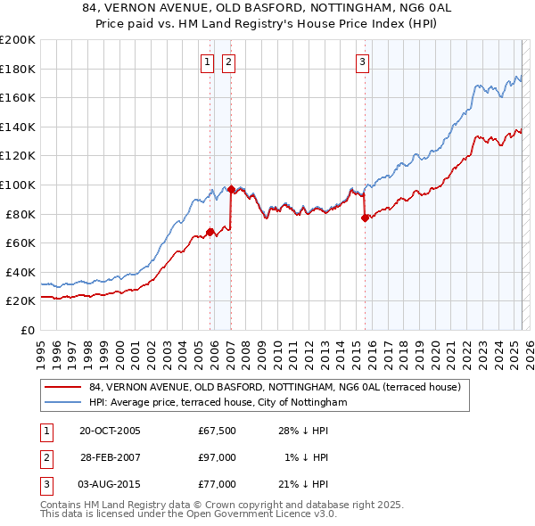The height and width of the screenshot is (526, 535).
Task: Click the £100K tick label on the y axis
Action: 17,185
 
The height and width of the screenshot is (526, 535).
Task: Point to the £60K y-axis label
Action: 20,242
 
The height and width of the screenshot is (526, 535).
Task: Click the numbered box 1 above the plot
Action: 208,62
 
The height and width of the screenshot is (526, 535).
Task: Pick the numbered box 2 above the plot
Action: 229,62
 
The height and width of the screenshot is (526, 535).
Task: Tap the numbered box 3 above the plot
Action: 363,62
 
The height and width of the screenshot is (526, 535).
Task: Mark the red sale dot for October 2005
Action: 210,232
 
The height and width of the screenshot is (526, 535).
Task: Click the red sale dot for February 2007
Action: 231,189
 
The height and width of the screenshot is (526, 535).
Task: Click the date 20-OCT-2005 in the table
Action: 110,431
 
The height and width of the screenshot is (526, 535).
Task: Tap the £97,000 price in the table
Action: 218,457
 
